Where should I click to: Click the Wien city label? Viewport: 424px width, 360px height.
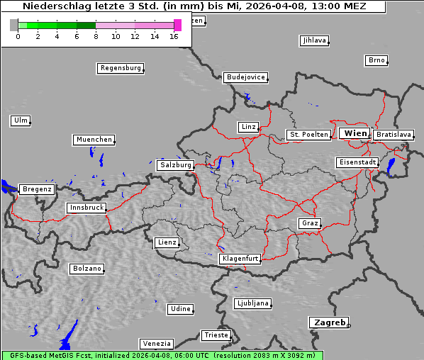[x=355, y=133]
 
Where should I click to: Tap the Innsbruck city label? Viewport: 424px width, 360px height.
[x=87, y=208]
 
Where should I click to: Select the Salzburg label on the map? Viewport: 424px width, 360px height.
[x=176, y=164]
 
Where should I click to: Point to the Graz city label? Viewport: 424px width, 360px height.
[x=309, y=223]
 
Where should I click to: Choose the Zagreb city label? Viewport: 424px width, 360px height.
[x=328, y=322]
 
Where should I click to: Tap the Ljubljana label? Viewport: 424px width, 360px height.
[x=252, y=303]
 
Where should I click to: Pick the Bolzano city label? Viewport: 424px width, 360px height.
[x=87, y=269]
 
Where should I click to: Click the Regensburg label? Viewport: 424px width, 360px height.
[x=120, y=68]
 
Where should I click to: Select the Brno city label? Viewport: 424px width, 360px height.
[x=376, y=60]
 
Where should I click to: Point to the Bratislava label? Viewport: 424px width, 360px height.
[x=394, y=134]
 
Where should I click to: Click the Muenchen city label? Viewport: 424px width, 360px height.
[x=94, y=140]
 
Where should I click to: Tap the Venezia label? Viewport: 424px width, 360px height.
[x=156, y=343]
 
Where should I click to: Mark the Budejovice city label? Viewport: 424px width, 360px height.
[x=245, y=77]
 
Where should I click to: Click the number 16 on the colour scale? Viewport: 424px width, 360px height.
[x=174, y=36]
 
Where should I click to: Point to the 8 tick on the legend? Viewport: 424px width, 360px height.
[x=96, y=36]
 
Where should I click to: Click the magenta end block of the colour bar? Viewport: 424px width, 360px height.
[x=177, y=25]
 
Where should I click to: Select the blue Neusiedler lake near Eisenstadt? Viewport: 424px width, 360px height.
[x=391, y=166]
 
